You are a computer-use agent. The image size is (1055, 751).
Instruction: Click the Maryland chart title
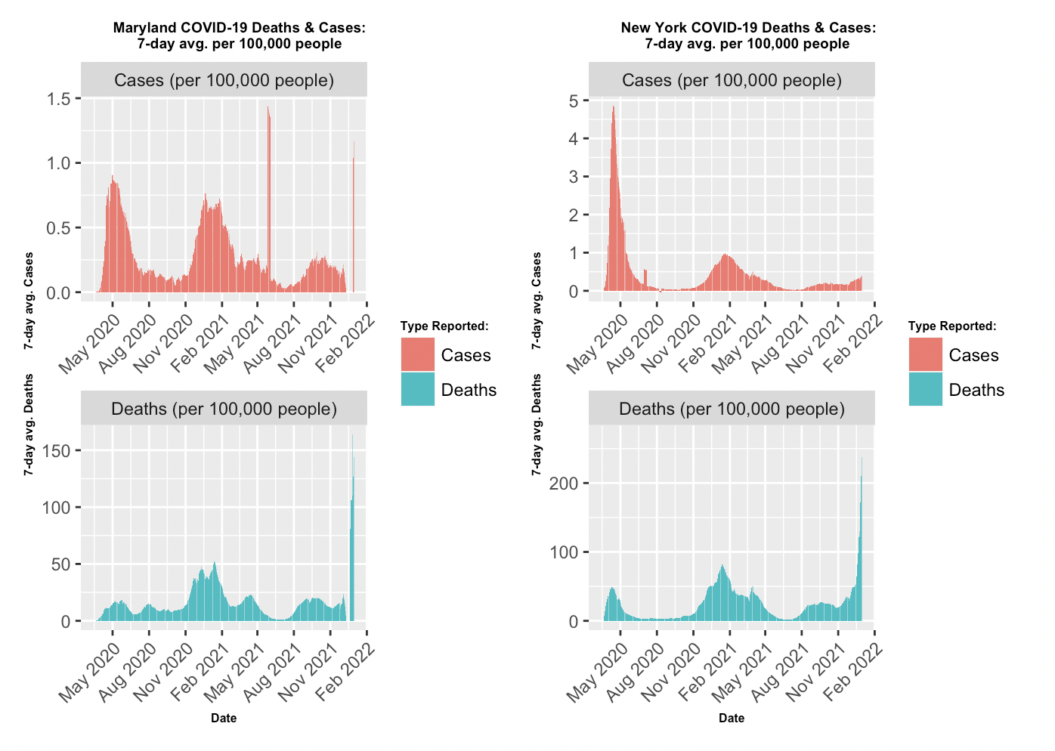[239, 36]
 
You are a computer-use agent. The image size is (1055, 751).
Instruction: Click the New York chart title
[747, 36]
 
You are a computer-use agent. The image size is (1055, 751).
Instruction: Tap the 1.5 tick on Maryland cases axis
[58, 99]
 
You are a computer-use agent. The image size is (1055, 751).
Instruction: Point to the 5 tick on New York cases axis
[574, 101]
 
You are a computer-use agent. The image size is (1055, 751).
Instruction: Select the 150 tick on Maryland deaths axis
[57, 451]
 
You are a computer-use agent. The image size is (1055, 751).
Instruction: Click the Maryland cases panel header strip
[224, 80]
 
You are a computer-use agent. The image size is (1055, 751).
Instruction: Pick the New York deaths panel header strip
[732, 409]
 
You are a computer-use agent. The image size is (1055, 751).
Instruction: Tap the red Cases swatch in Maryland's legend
[418, 354]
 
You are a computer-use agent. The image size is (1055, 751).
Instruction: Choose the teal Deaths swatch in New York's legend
[926, 389]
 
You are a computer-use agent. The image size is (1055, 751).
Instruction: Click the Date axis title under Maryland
[224, 718]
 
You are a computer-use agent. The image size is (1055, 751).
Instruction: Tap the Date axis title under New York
[732, 718]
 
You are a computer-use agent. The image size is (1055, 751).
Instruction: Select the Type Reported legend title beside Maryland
[444, 326]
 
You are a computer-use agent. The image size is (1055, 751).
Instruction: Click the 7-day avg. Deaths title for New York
[537, 425]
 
